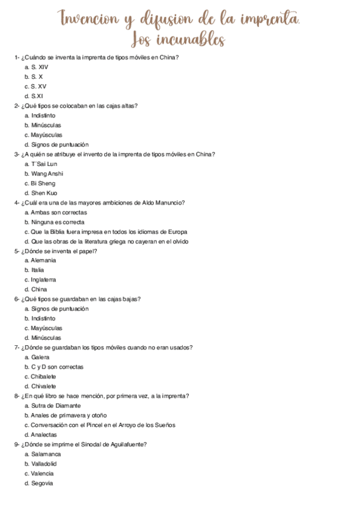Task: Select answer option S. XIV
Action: coord(40,67)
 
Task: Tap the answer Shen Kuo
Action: coord(44,192)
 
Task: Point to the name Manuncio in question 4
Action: coord(169,203)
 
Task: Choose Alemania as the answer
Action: coord(43,260)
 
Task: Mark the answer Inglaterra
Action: coord(44,280)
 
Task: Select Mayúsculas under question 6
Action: coord(46,328)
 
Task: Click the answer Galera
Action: coord(40,357)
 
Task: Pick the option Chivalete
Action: coord(43,386)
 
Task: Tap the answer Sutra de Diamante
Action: coord(56,405)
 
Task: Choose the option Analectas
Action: coord(44,434)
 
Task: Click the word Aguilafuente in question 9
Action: coord(126,444)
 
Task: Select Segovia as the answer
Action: coord(42,483)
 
